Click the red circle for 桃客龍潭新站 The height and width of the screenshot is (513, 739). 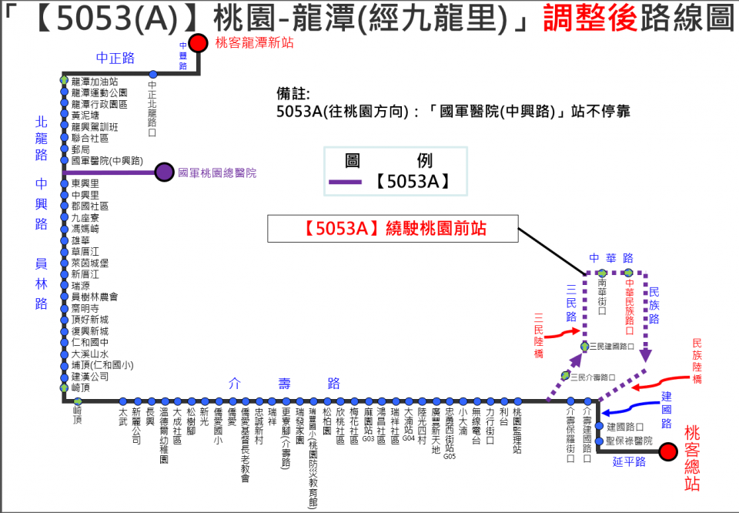(x=199, y=43)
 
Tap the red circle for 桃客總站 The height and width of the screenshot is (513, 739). (x=667, y=451)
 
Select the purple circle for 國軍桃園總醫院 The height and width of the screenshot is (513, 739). (x=164, y=172)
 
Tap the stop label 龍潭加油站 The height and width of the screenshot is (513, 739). (x=94, y=82)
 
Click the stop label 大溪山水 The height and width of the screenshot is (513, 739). (x=89, y=354)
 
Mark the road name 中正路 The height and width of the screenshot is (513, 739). (x=115, y=58)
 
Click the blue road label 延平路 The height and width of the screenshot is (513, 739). (x=629, y=462)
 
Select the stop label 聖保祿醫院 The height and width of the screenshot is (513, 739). (x=629, y=441)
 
